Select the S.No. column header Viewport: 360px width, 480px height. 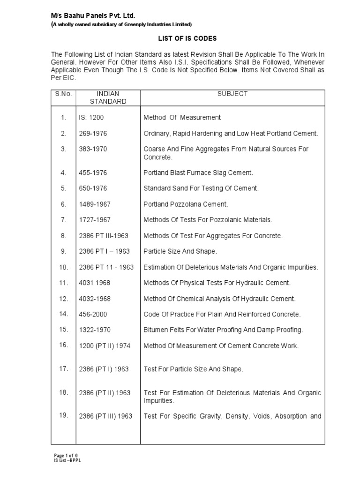tap(63, 94)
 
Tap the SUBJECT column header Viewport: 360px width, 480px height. tap(232, 94)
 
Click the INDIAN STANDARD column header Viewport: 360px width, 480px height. tap(108, 97)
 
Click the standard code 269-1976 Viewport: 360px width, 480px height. tap(93, 134)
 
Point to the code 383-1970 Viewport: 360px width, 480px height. tap(93, 149)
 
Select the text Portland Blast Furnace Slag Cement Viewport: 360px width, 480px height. tap(198, 173)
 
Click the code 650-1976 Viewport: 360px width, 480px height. tap(93, 188)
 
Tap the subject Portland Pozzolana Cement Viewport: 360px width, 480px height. tap(186, 204)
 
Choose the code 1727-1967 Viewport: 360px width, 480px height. tap(95, 220)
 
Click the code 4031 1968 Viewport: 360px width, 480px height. tap(94, 283)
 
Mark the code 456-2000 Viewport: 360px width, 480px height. tap(93, 314)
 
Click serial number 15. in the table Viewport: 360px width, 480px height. tap(64, 330)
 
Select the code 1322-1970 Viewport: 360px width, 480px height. tap(95, 330)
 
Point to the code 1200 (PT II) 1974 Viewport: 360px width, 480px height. tap(104, 346)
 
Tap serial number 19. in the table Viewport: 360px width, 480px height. tap(64, 415)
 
